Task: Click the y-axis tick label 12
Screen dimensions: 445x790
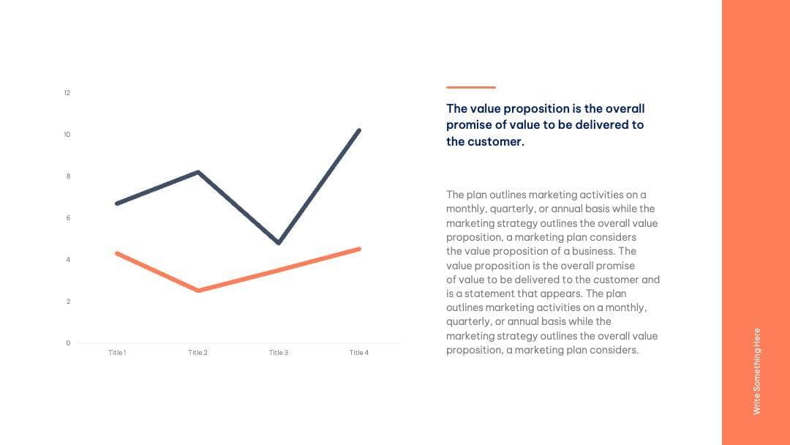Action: point(67,93)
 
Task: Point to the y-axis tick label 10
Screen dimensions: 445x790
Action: point(67,135)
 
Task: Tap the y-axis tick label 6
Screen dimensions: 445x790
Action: point(68,218)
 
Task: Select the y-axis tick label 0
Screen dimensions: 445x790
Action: point(68,343)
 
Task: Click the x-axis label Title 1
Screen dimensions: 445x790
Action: point(117,353)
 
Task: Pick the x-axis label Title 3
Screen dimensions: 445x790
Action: point(279,353)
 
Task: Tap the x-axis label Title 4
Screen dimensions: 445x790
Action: point(359,353)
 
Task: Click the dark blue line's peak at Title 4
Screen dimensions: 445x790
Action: point(359,130)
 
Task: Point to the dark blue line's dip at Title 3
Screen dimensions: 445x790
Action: point(279,242)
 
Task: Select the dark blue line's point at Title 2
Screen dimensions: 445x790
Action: point(198,172)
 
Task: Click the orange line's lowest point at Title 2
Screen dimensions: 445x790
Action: point(198,291)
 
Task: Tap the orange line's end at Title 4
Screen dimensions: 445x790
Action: point(359,249)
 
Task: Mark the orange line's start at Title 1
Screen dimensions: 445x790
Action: point(117,253)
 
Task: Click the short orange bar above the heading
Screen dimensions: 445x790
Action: point(470,87)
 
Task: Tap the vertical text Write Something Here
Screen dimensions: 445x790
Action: point(757,370)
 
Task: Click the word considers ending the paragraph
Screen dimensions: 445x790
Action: point(614,350)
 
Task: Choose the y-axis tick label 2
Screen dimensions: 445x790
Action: point(68,302)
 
